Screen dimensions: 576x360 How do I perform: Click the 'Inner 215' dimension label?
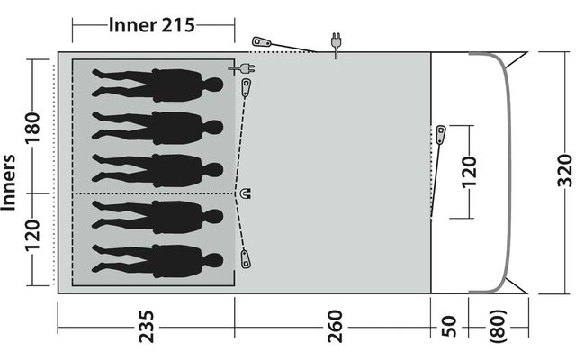point(151,25)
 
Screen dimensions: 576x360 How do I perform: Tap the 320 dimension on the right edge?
point(565,170)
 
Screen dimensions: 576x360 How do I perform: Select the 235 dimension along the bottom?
point(146,327)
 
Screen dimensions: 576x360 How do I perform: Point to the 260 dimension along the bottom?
point(335,327)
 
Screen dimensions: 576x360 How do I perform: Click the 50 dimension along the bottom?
point(448,327)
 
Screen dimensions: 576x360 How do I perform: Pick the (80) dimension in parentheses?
point(499,327)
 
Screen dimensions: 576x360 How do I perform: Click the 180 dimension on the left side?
point(32,129)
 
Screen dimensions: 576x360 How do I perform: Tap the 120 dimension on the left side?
point(32,236)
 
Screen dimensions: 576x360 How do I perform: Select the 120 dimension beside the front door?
point(469,172)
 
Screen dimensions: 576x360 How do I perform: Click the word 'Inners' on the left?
point(8,183)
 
